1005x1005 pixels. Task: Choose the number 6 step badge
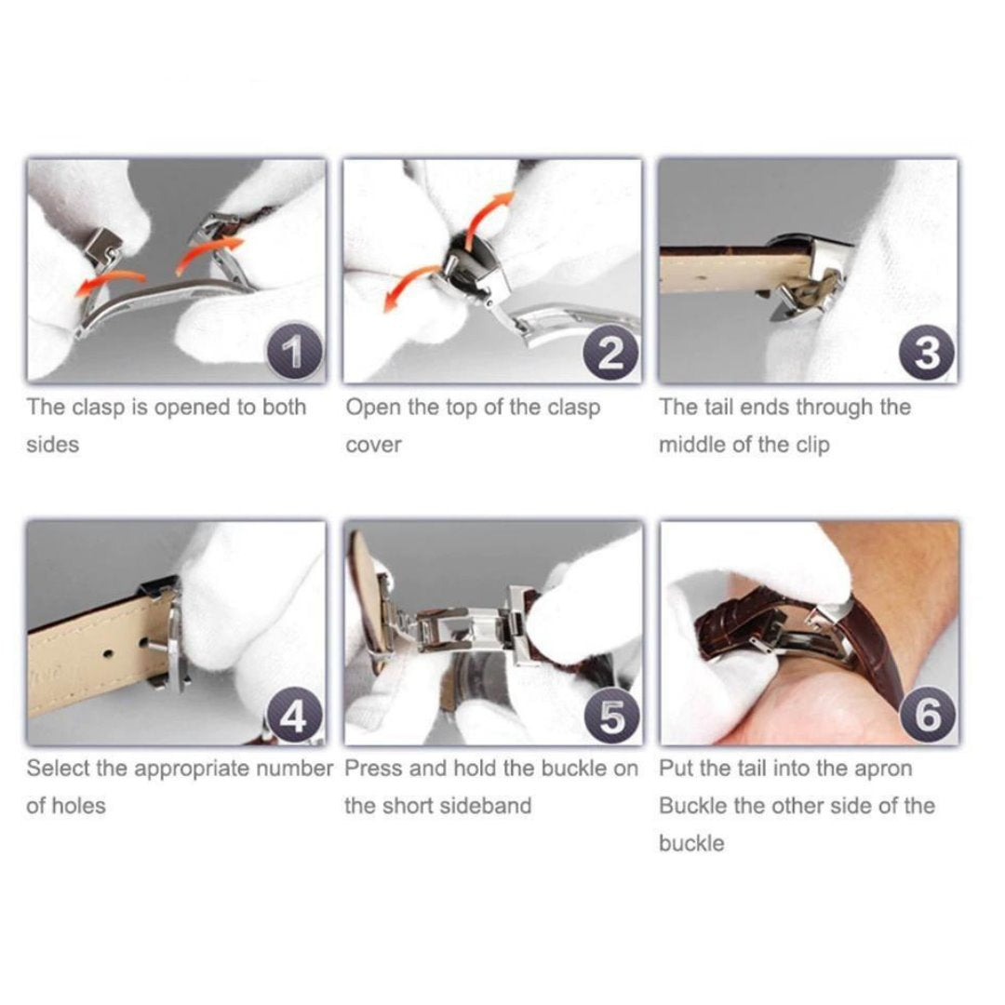928,715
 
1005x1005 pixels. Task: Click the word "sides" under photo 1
52,444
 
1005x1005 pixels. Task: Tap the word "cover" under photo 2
374,445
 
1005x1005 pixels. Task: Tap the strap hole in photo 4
109,654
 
